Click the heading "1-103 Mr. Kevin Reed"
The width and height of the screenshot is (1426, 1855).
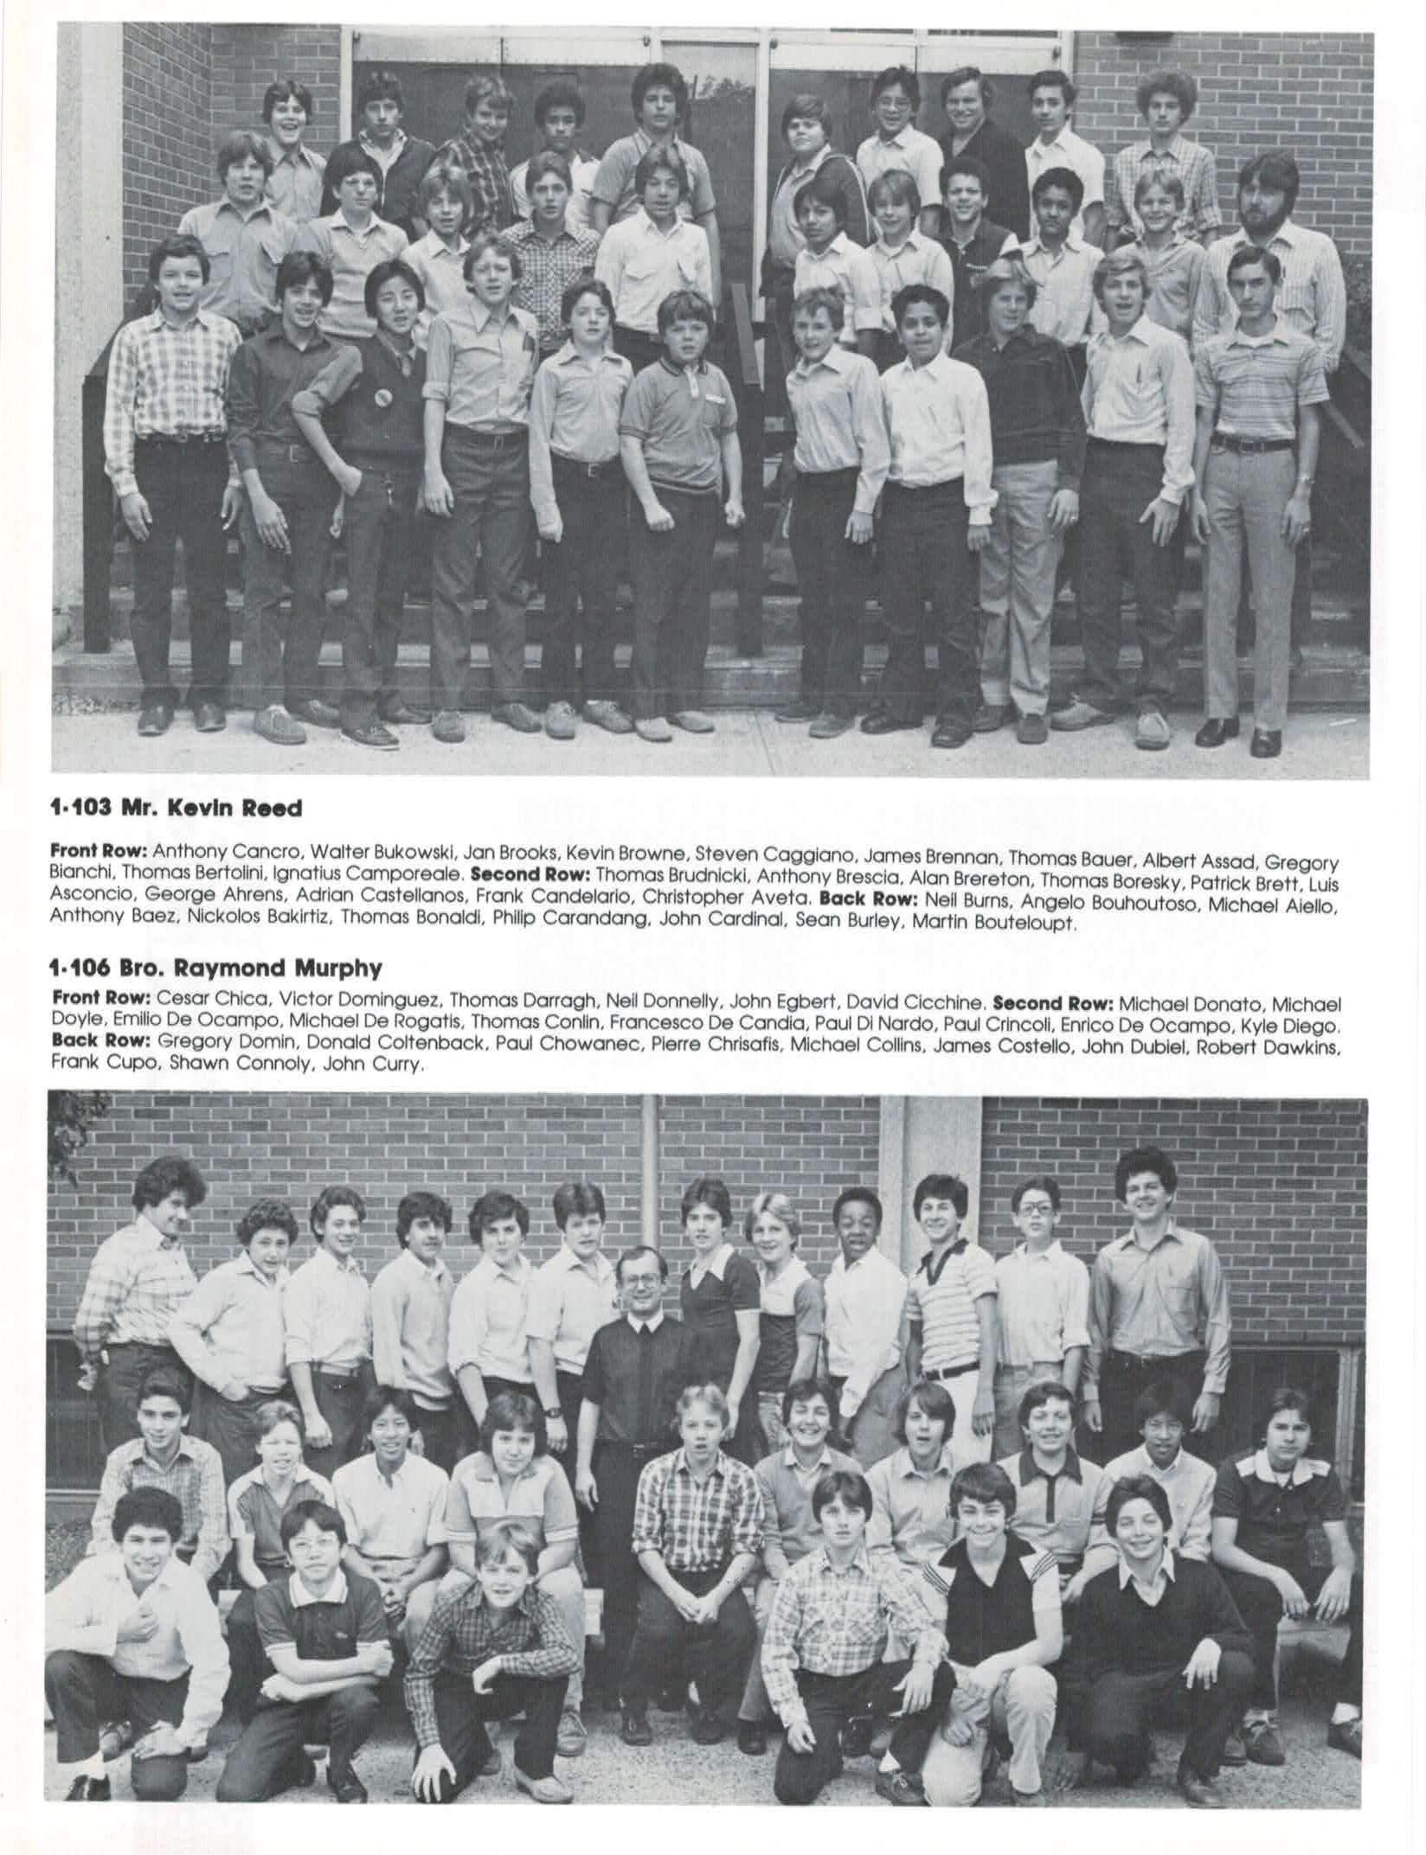coord(177,809)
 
